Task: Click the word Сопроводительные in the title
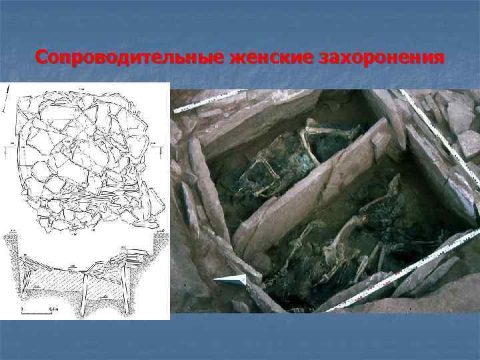pyautogui.click(x=127, y=59)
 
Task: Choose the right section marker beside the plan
pyautogui.click(x=153, y=143)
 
